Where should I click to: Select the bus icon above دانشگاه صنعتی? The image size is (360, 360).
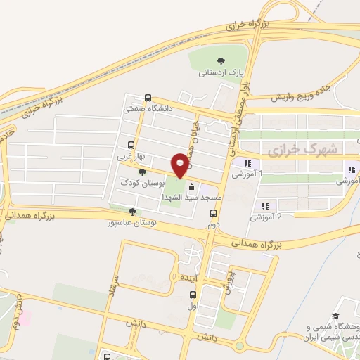147,98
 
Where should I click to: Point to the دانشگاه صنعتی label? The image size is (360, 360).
148,109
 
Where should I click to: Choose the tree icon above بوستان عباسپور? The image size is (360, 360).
131,211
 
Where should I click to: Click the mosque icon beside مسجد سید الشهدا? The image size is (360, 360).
191,186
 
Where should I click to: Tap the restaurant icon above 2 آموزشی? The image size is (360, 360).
265,206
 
